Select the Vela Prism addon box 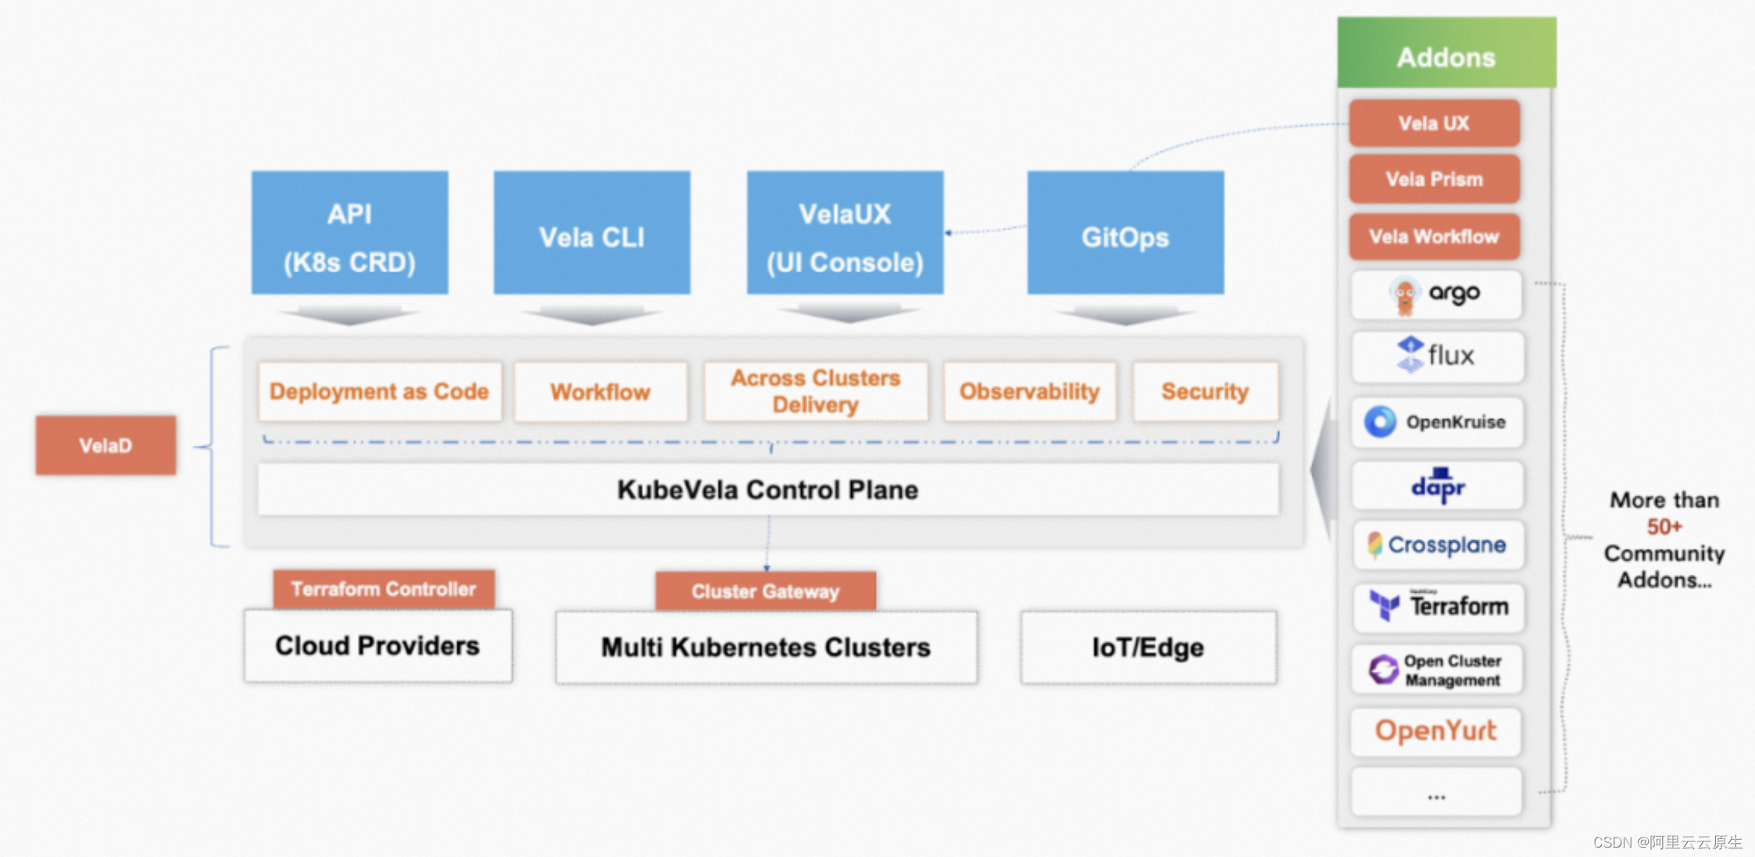(1434, 179)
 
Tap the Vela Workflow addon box (1434, 236)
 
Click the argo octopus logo (1404, 296)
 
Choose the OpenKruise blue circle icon (1380, 421)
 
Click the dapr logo (1438, 486)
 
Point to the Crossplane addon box (1438, 545)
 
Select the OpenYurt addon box (1436, 731)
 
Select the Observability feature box (1029, 392)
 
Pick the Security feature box (1205, 392)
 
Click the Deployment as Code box (380, 392)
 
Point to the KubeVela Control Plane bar (767, 490)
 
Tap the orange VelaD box (105, 446)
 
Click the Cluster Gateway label (765, 591)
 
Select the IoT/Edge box (1148, 647)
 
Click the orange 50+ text (1664, 527)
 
